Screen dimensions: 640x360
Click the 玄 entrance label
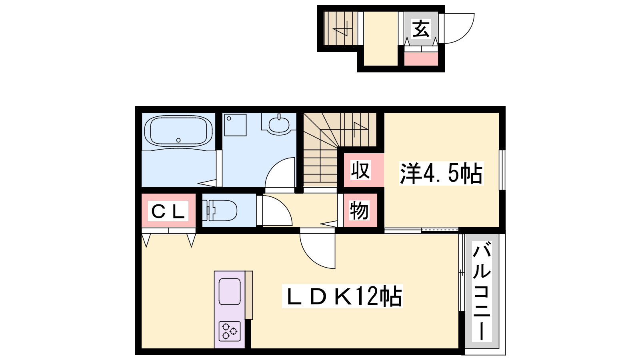point(421,28)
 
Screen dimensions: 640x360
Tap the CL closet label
point(168,211)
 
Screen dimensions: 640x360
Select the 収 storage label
point(360,170)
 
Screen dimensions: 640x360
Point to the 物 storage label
point(360,210)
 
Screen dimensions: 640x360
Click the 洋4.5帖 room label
point(442,173)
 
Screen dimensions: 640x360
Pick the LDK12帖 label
point(342,296)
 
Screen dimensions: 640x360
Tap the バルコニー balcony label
point(482,291)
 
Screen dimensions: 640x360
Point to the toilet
point(220,210)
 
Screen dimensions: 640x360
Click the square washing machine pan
point(235,125)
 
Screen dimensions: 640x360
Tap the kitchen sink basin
point(230,292)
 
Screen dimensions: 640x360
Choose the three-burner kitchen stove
point(230,332)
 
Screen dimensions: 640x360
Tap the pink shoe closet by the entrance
point(421,58)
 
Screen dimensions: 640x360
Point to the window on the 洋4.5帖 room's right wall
point(502,170)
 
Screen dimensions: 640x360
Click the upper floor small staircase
point(340,28)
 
